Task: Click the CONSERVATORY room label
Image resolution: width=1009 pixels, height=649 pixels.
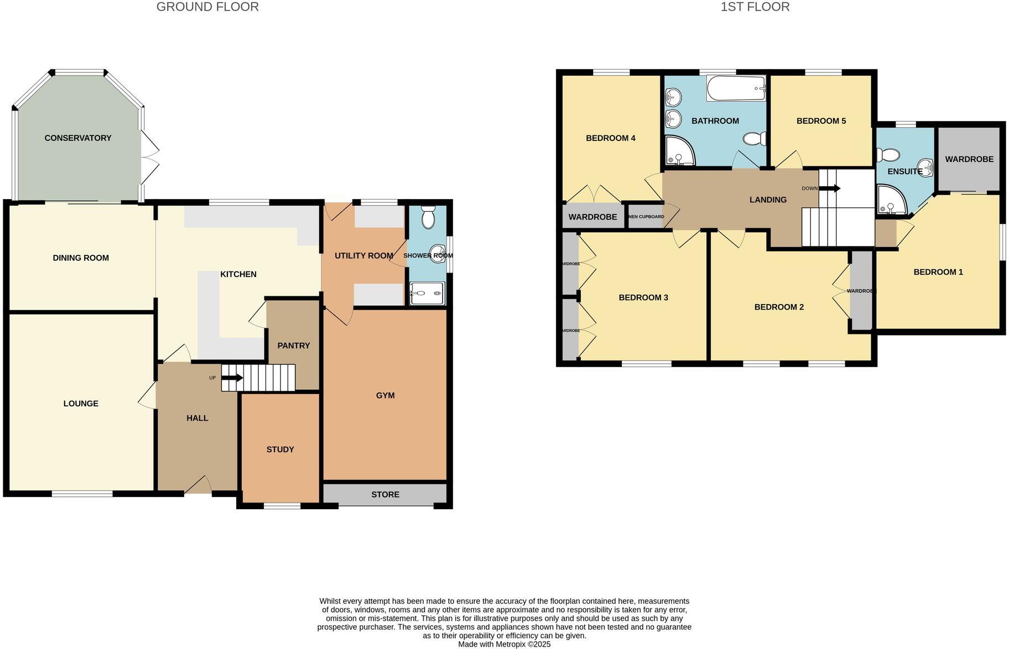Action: (x=78, y=138)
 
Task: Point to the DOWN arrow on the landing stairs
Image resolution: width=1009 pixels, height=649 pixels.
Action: (x=829, y=189)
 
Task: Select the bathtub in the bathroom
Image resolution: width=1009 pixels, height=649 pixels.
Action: (x=736, y=88)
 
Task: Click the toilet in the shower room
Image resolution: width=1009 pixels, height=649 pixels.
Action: (x=428, y=218)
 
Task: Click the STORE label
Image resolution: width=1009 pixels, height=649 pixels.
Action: (x=385, y=494)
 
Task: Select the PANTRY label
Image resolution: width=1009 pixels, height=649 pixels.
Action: (x=293, y=346)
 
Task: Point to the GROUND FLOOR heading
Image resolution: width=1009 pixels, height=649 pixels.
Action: (x=207, y=7)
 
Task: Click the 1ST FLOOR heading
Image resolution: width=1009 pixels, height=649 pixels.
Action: (x=755, y=7)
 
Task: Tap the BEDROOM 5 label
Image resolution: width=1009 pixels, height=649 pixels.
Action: (x=821, y=121)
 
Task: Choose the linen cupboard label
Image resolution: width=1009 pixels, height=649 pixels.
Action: (x=646, y=217)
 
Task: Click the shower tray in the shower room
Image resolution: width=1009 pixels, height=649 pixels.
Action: (x=427, y=294)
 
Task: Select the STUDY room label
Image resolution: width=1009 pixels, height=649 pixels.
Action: (x=280, y=449)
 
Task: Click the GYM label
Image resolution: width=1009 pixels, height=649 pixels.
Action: (x=385, y=395)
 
